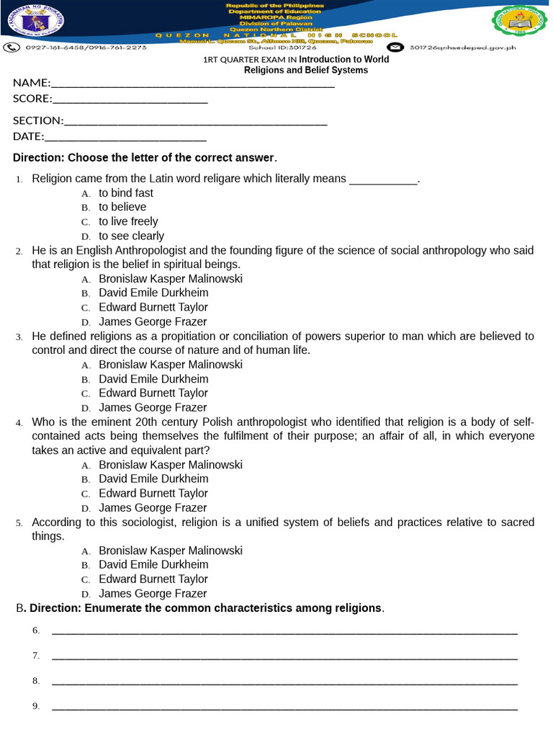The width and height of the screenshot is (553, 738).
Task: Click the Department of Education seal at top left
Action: click(x=33, y=22)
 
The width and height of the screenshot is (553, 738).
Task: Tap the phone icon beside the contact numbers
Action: click(x=12, y=48)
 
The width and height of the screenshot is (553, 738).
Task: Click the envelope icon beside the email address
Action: click(x=396, y=48)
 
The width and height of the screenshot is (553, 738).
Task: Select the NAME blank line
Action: click(x=192, y=85)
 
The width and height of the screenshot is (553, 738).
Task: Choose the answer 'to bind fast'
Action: click(x=126, y=193)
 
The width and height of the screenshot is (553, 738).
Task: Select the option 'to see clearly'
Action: click(x=131, y=236)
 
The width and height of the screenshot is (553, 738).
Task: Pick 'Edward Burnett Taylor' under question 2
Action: click(x=153, y=308)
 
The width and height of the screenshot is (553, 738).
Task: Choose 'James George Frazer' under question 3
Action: click(x=153, y=408)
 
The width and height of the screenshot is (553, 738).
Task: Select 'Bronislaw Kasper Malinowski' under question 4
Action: click(x=171, y=465)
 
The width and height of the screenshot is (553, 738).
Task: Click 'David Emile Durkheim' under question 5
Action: click(x=153, y=565)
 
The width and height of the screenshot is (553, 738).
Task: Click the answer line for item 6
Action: click(x=284, y=632)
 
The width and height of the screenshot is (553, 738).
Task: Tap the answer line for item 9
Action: click(x=284, y=708)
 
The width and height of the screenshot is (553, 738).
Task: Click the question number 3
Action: click(x=19, y=337)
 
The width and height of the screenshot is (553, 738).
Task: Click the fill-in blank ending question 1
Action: click(x=383, y=181)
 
